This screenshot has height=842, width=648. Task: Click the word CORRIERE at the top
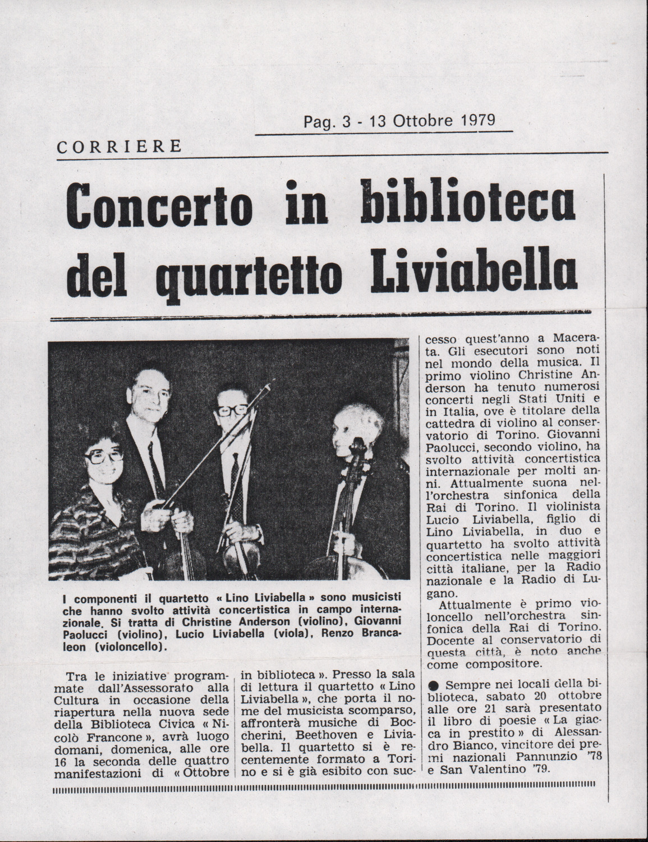119,147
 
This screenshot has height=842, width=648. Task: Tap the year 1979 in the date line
474,120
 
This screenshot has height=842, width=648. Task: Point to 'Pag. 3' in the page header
322,121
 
